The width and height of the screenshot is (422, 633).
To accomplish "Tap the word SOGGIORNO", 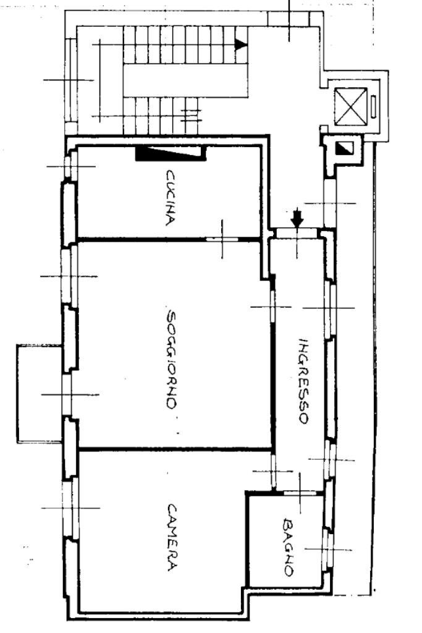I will (x=172, y=358).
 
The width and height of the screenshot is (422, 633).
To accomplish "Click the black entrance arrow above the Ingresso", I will (x=297, y=218).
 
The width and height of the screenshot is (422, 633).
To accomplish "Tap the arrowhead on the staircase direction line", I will (x=241, y=45).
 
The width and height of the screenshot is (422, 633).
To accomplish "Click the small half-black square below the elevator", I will (x=342, y=148).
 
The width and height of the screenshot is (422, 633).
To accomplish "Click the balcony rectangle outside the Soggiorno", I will (x=39, y=393).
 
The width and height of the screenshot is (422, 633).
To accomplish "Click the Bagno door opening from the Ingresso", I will (x=299, y=493).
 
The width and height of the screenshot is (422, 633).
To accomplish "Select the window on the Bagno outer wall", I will (x=327, y=549).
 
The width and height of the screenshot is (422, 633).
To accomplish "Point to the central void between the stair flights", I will (x=185, y=79).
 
